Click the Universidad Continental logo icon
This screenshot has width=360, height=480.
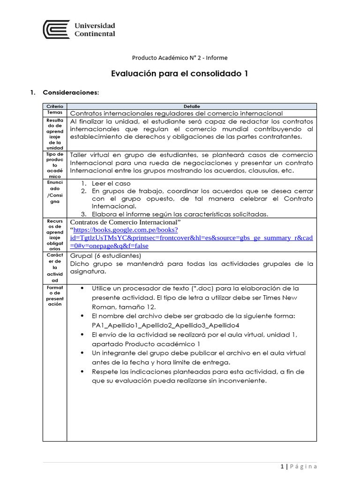[56, 30]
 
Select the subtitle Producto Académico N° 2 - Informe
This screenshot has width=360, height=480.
[180, 58]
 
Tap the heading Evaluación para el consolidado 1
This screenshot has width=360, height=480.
[180, 74]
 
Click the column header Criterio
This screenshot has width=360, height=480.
[54, 106]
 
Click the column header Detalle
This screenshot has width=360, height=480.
[191, 106]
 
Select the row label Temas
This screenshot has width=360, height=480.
[54, 113]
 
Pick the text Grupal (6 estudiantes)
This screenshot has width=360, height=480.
[105, 256]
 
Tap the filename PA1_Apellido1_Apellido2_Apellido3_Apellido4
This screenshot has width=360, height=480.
[165, 325]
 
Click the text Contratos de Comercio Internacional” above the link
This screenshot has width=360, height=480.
[125, 222]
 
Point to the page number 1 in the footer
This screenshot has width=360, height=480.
[282, 466]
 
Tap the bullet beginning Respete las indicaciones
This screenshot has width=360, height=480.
[198, 372]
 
